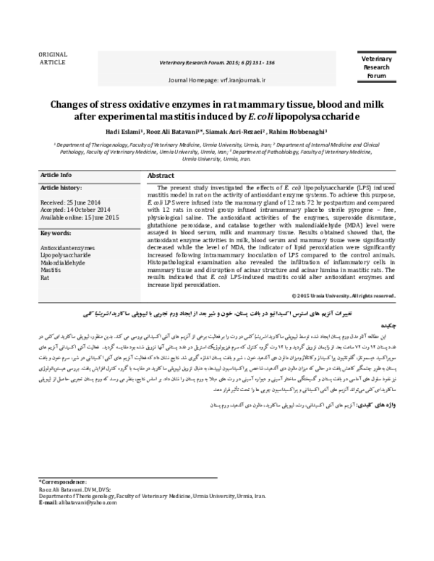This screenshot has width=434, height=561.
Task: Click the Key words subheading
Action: [x=56, y=234]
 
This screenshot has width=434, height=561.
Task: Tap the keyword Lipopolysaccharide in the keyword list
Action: [x=66, y=256]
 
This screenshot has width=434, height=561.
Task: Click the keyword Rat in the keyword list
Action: [x=44, y=277]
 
